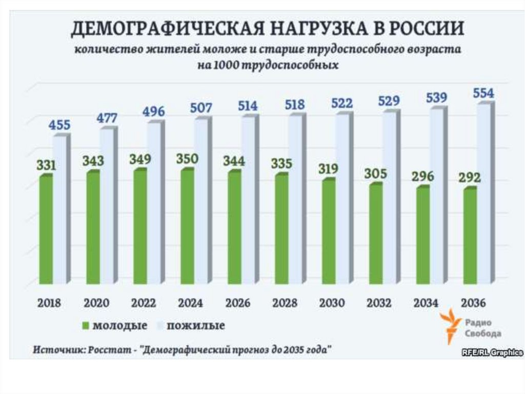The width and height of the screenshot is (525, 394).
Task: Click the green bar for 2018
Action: tap(46, 230)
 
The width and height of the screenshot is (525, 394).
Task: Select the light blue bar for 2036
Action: tap(483, 193)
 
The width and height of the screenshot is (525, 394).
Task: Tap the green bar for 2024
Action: tap(187, 226)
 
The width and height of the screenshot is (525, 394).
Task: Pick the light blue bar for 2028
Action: tap(295, 198)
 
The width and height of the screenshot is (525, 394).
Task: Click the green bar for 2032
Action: tap(375, 234)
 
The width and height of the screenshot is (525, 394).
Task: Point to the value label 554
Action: tap(483, 93)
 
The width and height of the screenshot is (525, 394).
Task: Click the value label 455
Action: tap(59, 125)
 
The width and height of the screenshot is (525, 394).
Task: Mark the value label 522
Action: tap(342, 103)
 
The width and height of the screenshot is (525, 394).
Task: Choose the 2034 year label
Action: tap(426, 303)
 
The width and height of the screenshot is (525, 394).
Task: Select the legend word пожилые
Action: tap(196, 326)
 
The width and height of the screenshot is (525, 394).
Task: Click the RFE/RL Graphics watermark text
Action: tap(492, 353)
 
